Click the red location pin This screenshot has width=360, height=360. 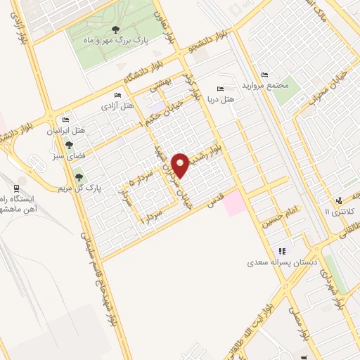tap(181, 165)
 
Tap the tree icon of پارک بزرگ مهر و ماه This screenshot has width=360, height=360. tap(115, 30)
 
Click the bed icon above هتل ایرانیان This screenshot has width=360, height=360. tap(66, 120)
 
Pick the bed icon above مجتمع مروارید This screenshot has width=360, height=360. tap(264, 75)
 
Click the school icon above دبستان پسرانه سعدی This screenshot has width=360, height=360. tap(282, 251)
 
